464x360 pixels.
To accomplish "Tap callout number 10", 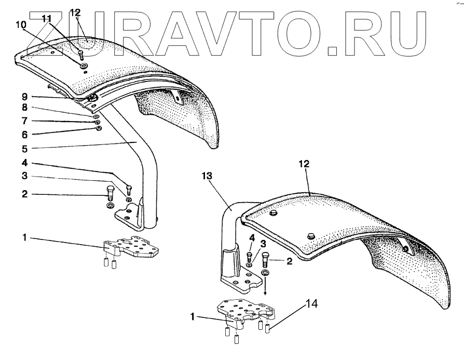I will (x=20, y=25).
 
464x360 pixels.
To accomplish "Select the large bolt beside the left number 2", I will (x=110, y=193).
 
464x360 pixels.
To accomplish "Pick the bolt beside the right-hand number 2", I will (x=266, y=259).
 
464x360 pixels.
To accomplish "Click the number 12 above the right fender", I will (x=304, y=163).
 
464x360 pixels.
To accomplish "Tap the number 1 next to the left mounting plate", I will (x=24, y=238).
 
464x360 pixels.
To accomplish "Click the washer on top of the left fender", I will (x=84, y=66).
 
